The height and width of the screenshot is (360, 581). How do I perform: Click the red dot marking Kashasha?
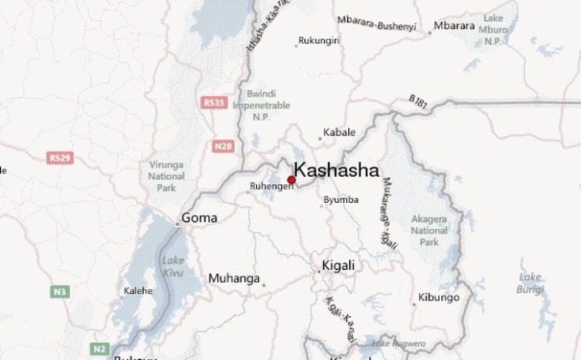pos(292,180)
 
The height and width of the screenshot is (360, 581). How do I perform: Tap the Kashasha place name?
pos(336,170)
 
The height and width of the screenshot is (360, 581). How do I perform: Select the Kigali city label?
pos(338,266)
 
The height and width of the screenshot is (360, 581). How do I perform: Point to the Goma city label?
pos(199,218)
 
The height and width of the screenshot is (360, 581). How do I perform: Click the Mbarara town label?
pos(455,26)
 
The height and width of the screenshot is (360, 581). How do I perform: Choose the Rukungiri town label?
pos(319,41)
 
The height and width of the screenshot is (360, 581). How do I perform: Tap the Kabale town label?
pos(339,132)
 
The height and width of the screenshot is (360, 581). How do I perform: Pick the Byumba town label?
pos(341,201)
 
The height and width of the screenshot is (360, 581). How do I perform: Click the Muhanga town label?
pos(234,279)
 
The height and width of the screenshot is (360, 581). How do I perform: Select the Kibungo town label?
pos(440,297)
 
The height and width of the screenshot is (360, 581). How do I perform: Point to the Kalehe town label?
pos(139,290)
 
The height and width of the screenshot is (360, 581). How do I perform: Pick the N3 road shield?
pos(58,290)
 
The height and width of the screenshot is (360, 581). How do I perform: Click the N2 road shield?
pos(100,348)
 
